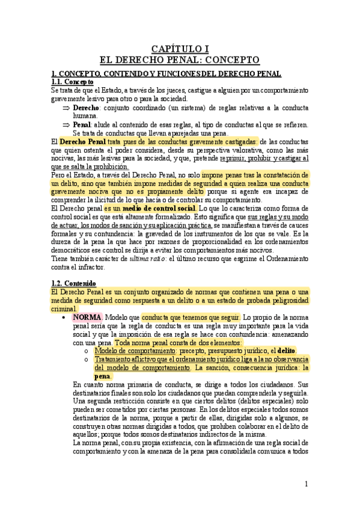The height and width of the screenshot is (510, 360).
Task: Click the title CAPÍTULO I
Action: click(180, 49)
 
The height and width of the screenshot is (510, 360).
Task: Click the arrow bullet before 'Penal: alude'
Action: click(66, 124)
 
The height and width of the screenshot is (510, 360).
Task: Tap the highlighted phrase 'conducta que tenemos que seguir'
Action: click(191, 317)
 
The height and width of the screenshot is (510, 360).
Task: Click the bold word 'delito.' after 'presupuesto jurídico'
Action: click(286, 350)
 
